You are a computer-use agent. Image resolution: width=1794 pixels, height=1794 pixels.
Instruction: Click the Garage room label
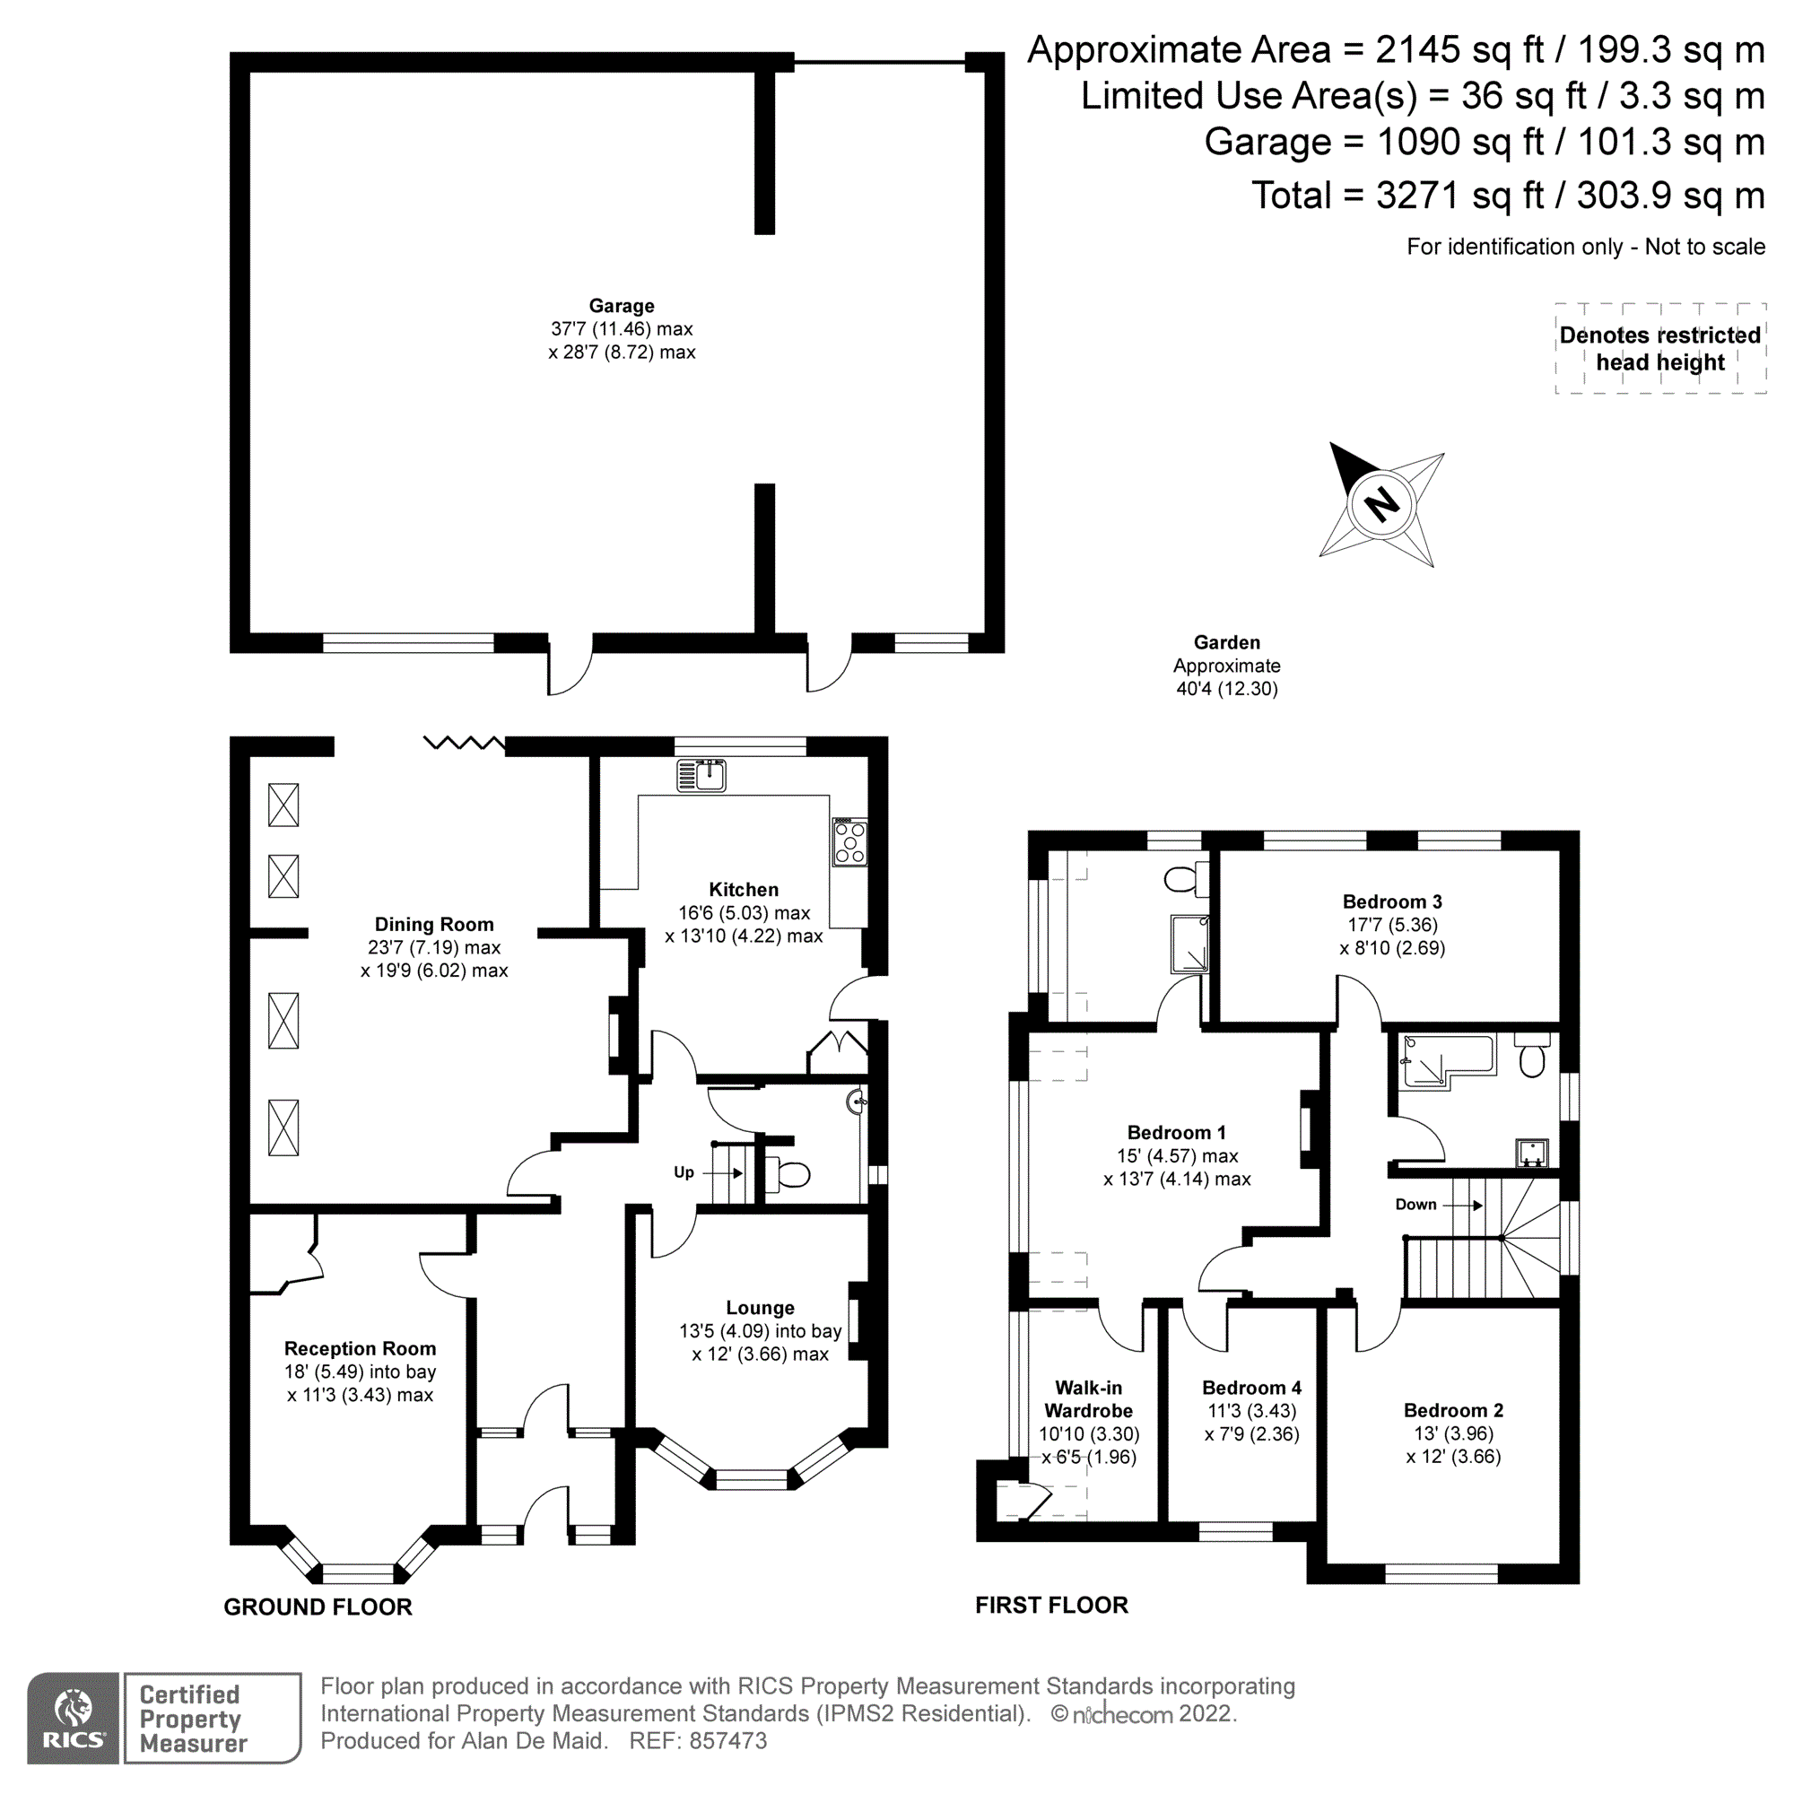pos(622,306)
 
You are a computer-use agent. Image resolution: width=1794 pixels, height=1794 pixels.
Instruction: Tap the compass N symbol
pos(1381,504)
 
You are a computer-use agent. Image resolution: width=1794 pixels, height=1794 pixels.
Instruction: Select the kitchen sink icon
pos(701,775)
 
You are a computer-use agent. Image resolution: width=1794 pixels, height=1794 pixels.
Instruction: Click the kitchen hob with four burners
pos(849,842)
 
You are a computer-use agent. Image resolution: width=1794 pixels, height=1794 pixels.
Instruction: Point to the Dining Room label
pos(433,924)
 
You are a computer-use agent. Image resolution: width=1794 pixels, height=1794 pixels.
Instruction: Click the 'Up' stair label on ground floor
pos(684,1171)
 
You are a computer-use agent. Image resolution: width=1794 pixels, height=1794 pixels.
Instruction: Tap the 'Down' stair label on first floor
pos(1415,1205)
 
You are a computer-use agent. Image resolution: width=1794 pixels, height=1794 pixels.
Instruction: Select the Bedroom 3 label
pos(1392,901)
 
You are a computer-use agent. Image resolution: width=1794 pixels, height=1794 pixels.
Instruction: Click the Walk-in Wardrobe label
pos(1088,1398)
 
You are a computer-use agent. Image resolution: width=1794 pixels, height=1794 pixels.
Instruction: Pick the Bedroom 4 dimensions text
pos(1251,1423)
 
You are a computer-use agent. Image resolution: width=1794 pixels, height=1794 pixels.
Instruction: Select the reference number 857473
pos(728,1741)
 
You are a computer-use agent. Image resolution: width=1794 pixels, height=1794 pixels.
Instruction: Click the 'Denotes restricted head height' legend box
pos(1659,348)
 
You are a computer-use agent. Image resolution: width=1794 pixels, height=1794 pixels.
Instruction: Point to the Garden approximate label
pos(1226,665)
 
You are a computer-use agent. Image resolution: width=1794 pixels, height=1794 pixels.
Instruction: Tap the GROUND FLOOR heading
pos(318,1607)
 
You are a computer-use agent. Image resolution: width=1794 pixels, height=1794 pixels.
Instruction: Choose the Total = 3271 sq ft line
pos(1507,196)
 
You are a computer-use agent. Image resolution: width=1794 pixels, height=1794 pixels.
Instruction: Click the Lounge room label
pos(760,1308)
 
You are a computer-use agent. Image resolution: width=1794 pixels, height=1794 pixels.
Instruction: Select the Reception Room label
pos(360,1348)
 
